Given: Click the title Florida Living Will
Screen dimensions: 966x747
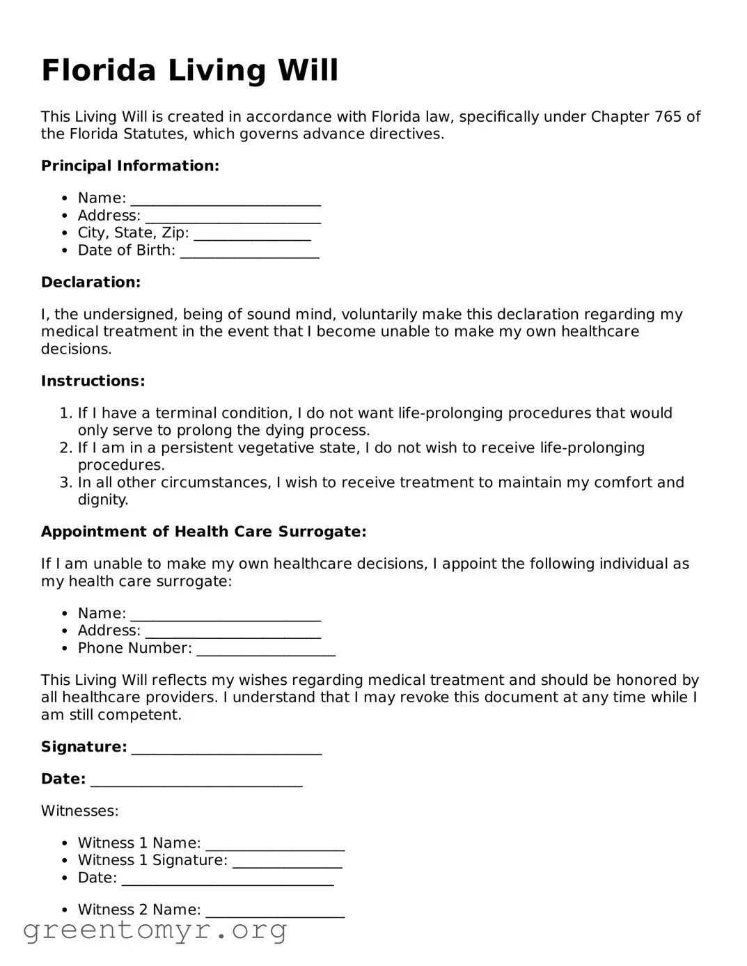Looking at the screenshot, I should [189, 70].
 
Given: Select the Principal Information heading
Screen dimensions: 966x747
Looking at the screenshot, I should [130, 166].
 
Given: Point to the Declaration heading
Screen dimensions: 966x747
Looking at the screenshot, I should [91, 282].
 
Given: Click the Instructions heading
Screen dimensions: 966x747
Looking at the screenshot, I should [93, 381].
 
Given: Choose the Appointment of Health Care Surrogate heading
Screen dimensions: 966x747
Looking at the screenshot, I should [203, 532].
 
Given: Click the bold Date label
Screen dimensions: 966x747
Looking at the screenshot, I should [63, 779].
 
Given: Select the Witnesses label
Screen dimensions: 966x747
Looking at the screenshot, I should [79, 811].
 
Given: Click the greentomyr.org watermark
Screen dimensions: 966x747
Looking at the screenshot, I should [155, 930].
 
